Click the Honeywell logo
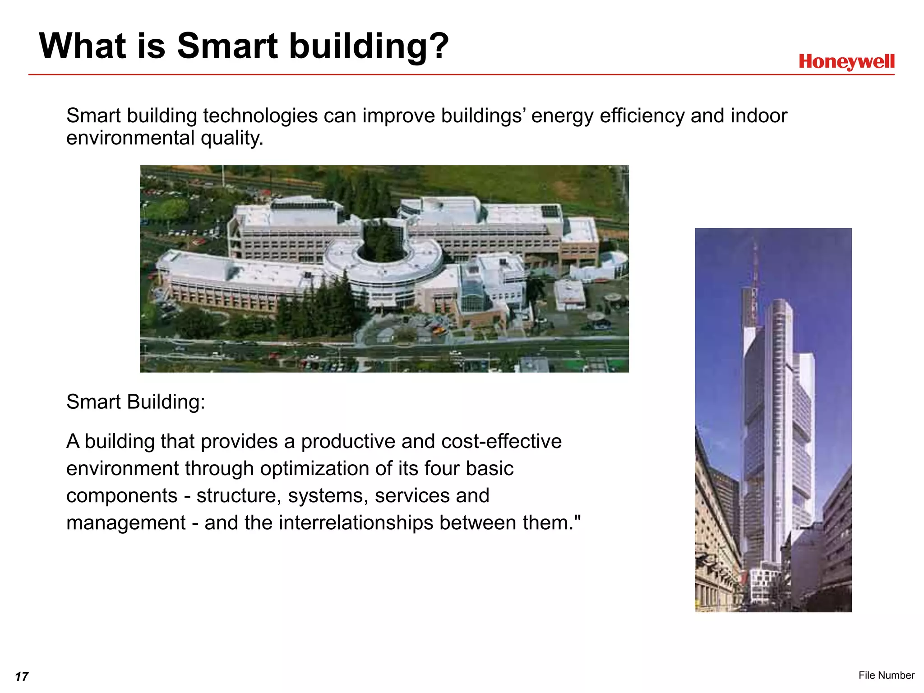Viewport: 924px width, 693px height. pyautogui.click(x=846, y=62)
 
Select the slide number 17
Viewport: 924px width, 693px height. pyautogui.click(x=22, y=676)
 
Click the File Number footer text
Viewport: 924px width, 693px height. pyautogui.click(x=886, y=675)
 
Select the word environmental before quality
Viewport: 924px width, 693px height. pyautogui.click(x=130, y=138)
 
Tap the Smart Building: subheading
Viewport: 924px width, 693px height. pyautogui.click(x=135, y=402)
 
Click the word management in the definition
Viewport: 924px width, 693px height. pyautogui.click(x=126, y=522)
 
